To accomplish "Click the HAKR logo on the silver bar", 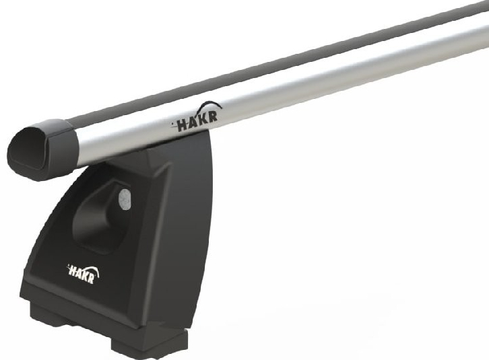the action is click(197, 117).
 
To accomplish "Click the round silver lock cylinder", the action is click(124, 200).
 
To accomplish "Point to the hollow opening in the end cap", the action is click(30, 149).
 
